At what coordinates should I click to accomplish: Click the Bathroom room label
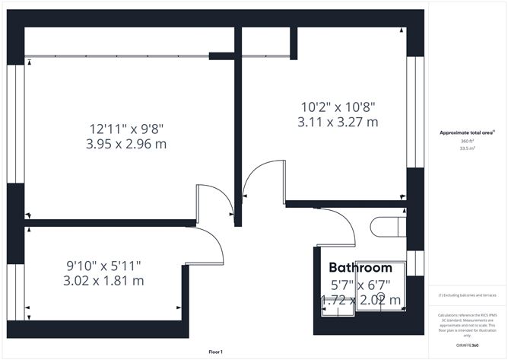coord(360,268)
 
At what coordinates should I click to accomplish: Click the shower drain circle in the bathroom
coord(383,296)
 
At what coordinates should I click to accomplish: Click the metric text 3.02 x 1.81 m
coord(104,281)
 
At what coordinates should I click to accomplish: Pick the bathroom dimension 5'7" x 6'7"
coord(360,285)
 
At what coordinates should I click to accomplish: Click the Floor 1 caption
coord(216,352)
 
